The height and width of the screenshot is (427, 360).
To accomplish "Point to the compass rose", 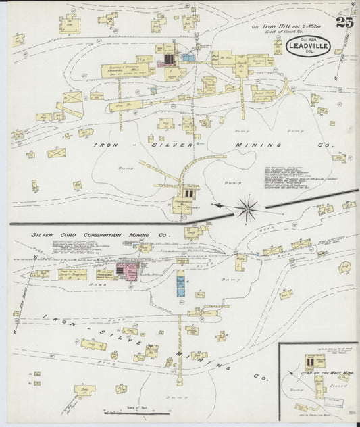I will click(x=248, y=207).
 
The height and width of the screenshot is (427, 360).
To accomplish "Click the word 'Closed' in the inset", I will click(x=330, y=388).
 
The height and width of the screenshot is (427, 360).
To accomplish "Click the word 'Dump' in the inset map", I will click(x=295, y=391).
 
